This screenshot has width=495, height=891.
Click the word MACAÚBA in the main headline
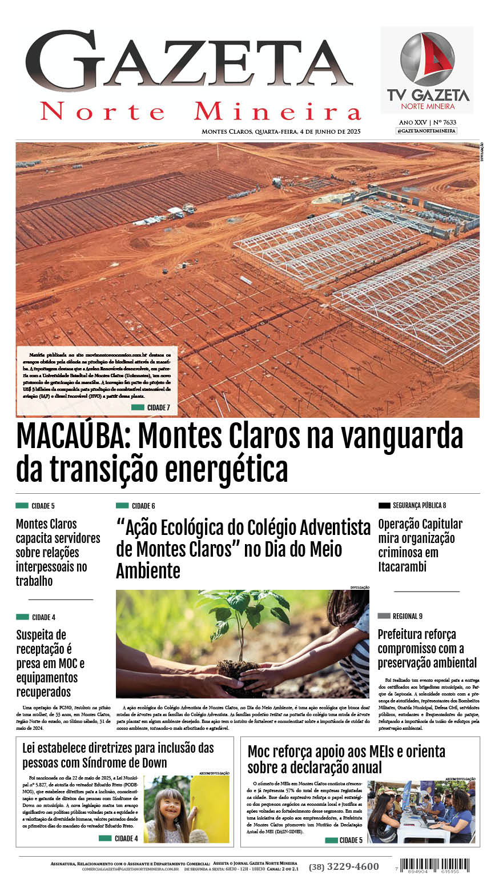[x=74, y=437]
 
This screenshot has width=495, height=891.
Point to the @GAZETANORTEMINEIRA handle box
[x=426, y=131]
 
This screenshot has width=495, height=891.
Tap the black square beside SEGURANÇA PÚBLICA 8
[x=384, y=505]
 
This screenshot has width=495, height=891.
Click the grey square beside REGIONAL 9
[x=384, y=616]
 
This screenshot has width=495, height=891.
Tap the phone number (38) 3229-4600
[x=344, y=866]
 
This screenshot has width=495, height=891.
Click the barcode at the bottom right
[x=434, y=864]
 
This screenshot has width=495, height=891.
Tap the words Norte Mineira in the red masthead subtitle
[x=200, y=111]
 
